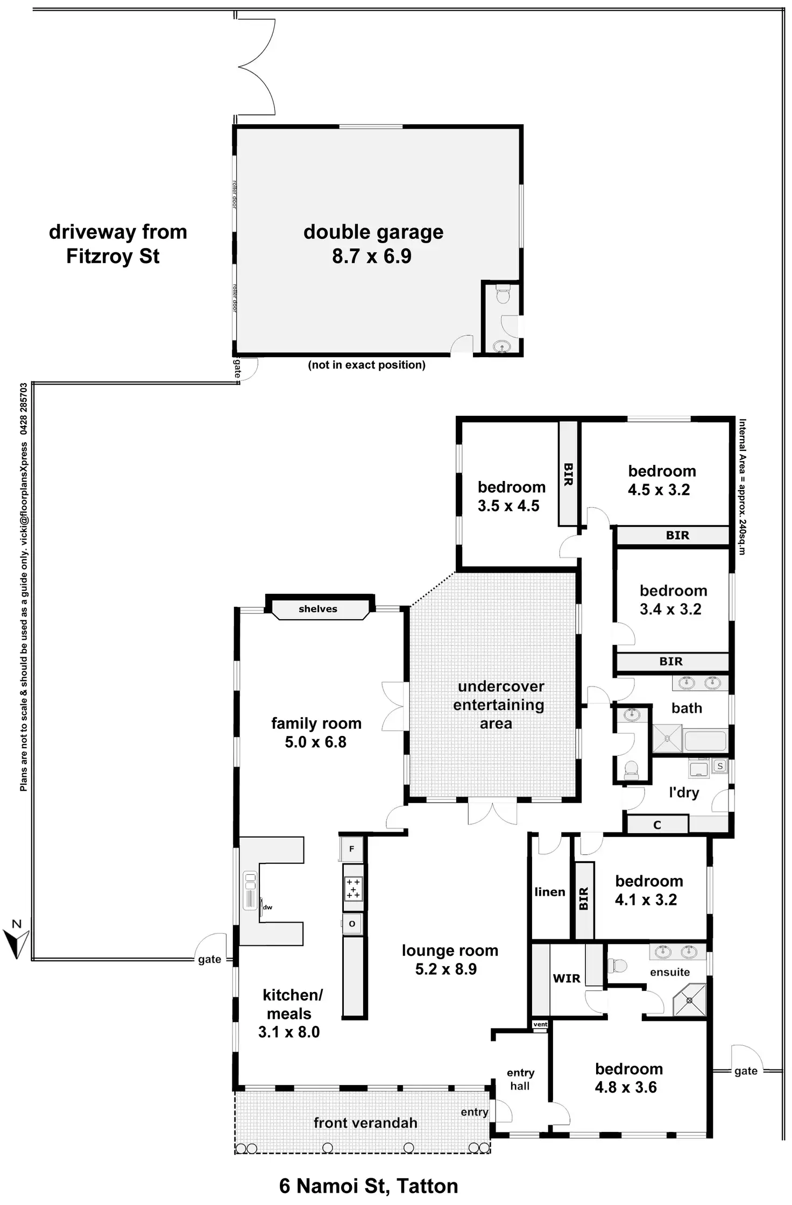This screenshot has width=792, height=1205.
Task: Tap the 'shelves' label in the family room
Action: pyautogui.click(x=318, y=609)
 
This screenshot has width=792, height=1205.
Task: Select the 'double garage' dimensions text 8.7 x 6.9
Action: pyautogui.click(x=372, y=257)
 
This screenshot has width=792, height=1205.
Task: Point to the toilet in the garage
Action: pyautogui.click(x=503, y=296)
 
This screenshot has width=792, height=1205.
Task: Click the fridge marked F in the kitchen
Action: pyautogui.click(x=352, y=849)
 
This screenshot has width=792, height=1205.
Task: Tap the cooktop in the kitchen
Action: pyautogui.click(x=353, y=889)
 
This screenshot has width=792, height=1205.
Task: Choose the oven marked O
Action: pyautogui.click(x=352, y=924)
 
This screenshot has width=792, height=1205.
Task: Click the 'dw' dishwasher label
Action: pyautogui.click(x=267, y=908)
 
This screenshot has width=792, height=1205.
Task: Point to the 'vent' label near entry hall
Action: pyautogui.click(x=540, y=1025)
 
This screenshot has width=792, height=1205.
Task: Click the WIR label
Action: pyautogui.click(x=567, y=979)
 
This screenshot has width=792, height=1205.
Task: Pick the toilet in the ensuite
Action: pyautogui.click(x=618, y=966)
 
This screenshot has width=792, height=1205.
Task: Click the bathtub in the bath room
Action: pyautogui.click(x=706, y=741)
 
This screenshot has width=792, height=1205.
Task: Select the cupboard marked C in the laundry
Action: pyautogui.click(x=656, y=825)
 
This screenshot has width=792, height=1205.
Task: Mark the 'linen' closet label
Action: pyautogui.click(x=549, y=892)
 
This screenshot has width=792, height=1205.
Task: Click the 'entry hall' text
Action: pyautogui.click(x=520, y=1079)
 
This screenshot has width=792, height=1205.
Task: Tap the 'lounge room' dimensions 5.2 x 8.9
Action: pyautogui.click(x=446, y=969)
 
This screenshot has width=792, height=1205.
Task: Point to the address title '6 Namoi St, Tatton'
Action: pyautogui.click(x=369, y=1186)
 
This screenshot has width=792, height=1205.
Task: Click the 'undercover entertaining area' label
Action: pyautogui.click(x=498, y=705)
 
